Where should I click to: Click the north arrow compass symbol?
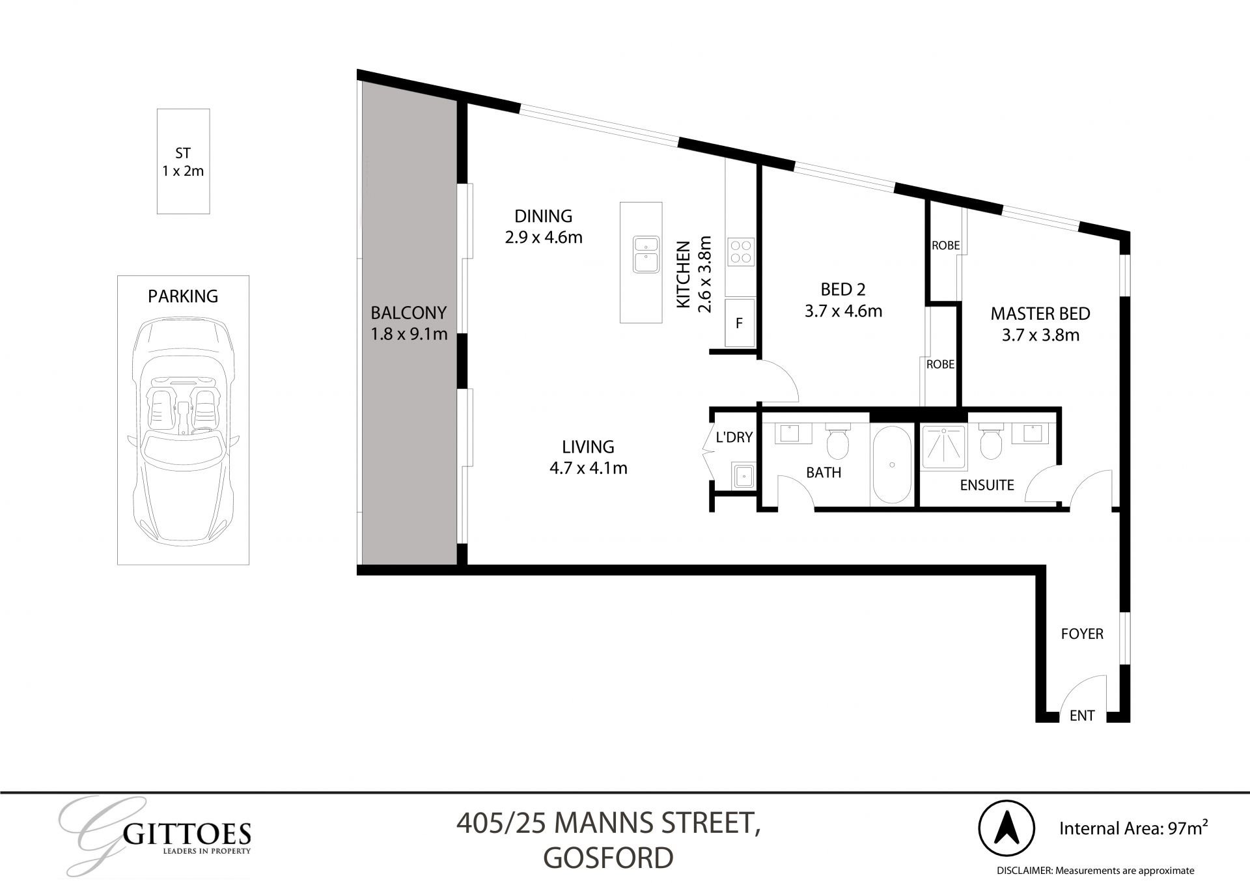(x=1006, y=829)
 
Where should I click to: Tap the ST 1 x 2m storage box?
(x=183, y=161)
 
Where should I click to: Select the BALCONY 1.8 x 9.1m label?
(x=409, y=324)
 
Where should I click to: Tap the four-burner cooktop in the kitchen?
(x=740, y=252)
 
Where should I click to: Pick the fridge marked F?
(x=739, y=323)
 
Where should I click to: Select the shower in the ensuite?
(x=943, y=447)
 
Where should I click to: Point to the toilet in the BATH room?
(x=837, y=442)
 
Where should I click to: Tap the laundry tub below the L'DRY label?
(x=743, y=475)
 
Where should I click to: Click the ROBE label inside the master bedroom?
(x=945, y=245)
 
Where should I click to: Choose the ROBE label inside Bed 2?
(x=940, y=365)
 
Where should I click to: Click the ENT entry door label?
(x=1082, y=716)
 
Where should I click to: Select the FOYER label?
(x=1082, y=634)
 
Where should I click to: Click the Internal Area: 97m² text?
(x=1133, y=828)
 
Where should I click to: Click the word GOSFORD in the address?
(x=608, y=858)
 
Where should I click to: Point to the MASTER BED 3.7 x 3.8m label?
(x=1040, y=324)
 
